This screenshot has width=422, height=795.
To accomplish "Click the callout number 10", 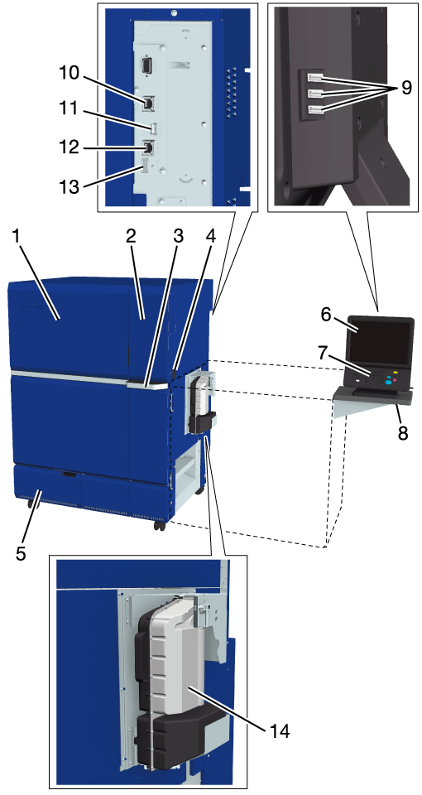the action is point(67,74).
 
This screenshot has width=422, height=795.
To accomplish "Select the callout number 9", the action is point(405,88).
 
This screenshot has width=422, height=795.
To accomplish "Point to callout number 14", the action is point(279,730).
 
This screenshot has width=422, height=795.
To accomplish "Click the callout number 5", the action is point(21,553).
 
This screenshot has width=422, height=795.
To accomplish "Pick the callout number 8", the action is point(403,434).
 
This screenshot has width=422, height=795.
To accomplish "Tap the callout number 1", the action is point(17,235).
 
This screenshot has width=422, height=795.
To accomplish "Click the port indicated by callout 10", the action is point(147,104).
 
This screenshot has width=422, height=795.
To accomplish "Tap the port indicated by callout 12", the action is point(148,147).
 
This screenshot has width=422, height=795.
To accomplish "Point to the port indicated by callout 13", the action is point(143,166).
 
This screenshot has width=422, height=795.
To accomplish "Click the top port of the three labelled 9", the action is point(315,78).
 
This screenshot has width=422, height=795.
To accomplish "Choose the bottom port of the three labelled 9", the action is point(315,109).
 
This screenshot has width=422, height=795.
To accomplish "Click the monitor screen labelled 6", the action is point(380,343).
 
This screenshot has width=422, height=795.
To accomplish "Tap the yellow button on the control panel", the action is point(396,373).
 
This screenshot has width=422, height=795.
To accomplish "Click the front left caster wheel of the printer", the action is point(32,505).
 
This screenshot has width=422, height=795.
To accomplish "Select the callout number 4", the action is point(210,235).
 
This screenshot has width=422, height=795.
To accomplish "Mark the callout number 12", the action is point(67,147).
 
